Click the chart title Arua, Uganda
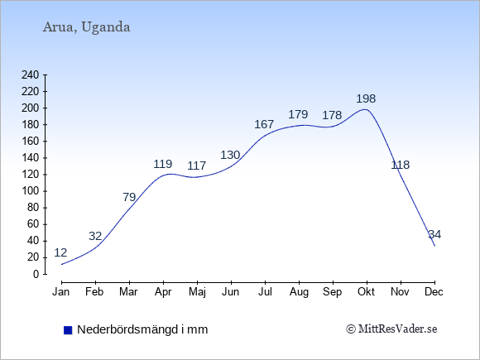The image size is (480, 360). click(x=86, y=27)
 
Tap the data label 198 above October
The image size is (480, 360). click(x=366, y=98)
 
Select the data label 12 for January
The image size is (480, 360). click(x=60, y=252)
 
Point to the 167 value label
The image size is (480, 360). click(x=264, y=124)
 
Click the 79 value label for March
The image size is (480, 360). click(x=129, y=197)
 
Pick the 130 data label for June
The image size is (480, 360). click(x=230, y=156)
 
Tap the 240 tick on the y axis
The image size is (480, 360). click(x=31, y=75)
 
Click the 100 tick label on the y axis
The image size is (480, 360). click(x=31, y=191)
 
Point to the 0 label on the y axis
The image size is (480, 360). click(x=36, y=274)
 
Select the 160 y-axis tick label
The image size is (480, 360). click(x=31, y=142)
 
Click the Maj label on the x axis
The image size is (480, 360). click(x=197, y=292)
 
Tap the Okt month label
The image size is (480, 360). click(x=366, y=292)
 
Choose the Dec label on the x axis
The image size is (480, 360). click(x=434, y=292)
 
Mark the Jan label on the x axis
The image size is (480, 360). click(x=61, y=292)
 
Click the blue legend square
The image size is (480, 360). click(x=68, y=330)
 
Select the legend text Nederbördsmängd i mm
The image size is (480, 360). click(x=142, y=329)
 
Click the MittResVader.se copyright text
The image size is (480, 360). click(x=391, y=329)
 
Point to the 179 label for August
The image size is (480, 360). click(x=298, y=114)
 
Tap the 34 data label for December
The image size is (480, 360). click(x=434, y=234)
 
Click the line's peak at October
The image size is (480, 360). click(x=366, y=109)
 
